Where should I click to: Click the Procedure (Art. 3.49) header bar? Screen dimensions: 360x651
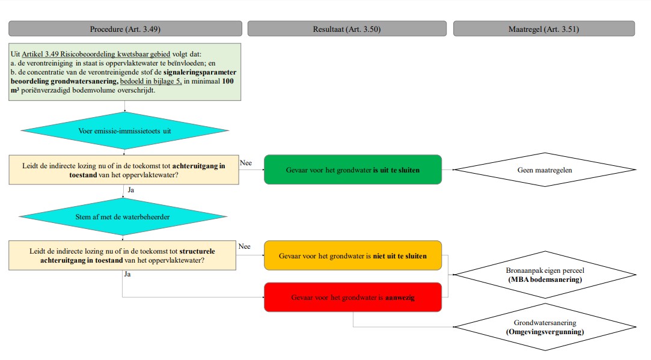click(125, 29)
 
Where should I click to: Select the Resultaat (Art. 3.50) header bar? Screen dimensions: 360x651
click(347, 29)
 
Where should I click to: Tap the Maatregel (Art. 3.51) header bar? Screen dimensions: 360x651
click(543, 29)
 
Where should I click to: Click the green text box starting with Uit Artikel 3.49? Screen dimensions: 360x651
click(125, 72)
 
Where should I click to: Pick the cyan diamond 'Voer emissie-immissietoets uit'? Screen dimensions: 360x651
click(125, 130)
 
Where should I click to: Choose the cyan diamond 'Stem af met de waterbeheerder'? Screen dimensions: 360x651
click(125, 216)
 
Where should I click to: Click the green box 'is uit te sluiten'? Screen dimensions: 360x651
click(353, 170)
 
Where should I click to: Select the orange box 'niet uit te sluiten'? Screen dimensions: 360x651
click(353, 256)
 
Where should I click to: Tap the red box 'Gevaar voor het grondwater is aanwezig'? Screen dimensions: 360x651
click(353, 297)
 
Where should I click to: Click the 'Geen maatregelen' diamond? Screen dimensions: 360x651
click(544, 170)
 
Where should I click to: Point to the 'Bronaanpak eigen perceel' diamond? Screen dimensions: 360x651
click(544, 275)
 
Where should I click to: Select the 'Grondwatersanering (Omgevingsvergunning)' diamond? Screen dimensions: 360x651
click(544, 327)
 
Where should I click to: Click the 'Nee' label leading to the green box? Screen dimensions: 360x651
click(245, 163)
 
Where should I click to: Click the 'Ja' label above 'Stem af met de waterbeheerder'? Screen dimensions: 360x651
click(130, 190)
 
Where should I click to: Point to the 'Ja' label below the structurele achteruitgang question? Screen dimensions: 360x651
click(126, 274)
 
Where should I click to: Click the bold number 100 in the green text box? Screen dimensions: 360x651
click(228, 81)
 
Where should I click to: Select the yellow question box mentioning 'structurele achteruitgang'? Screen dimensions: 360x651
click(123, 255)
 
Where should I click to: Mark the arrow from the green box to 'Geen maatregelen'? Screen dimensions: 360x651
click(448, 170)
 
